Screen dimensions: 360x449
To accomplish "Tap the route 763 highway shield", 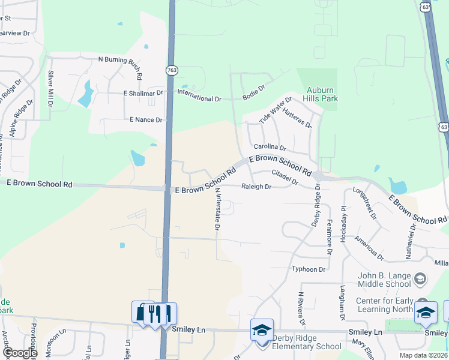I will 171,71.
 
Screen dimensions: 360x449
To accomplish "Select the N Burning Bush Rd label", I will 120,63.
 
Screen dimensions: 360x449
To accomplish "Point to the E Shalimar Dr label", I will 143,93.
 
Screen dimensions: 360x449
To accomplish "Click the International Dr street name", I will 199,98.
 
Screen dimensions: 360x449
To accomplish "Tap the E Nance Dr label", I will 146,120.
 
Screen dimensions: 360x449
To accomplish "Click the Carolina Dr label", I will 270,146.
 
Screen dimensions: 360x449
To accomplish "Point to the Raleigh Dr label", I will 256,187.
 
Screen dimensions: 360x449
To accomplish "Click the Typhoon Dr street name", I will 309,269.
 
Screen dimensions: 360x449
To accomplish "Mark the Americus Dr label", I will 369,248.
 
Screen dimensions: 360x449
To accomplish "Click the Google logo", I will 19,353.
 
